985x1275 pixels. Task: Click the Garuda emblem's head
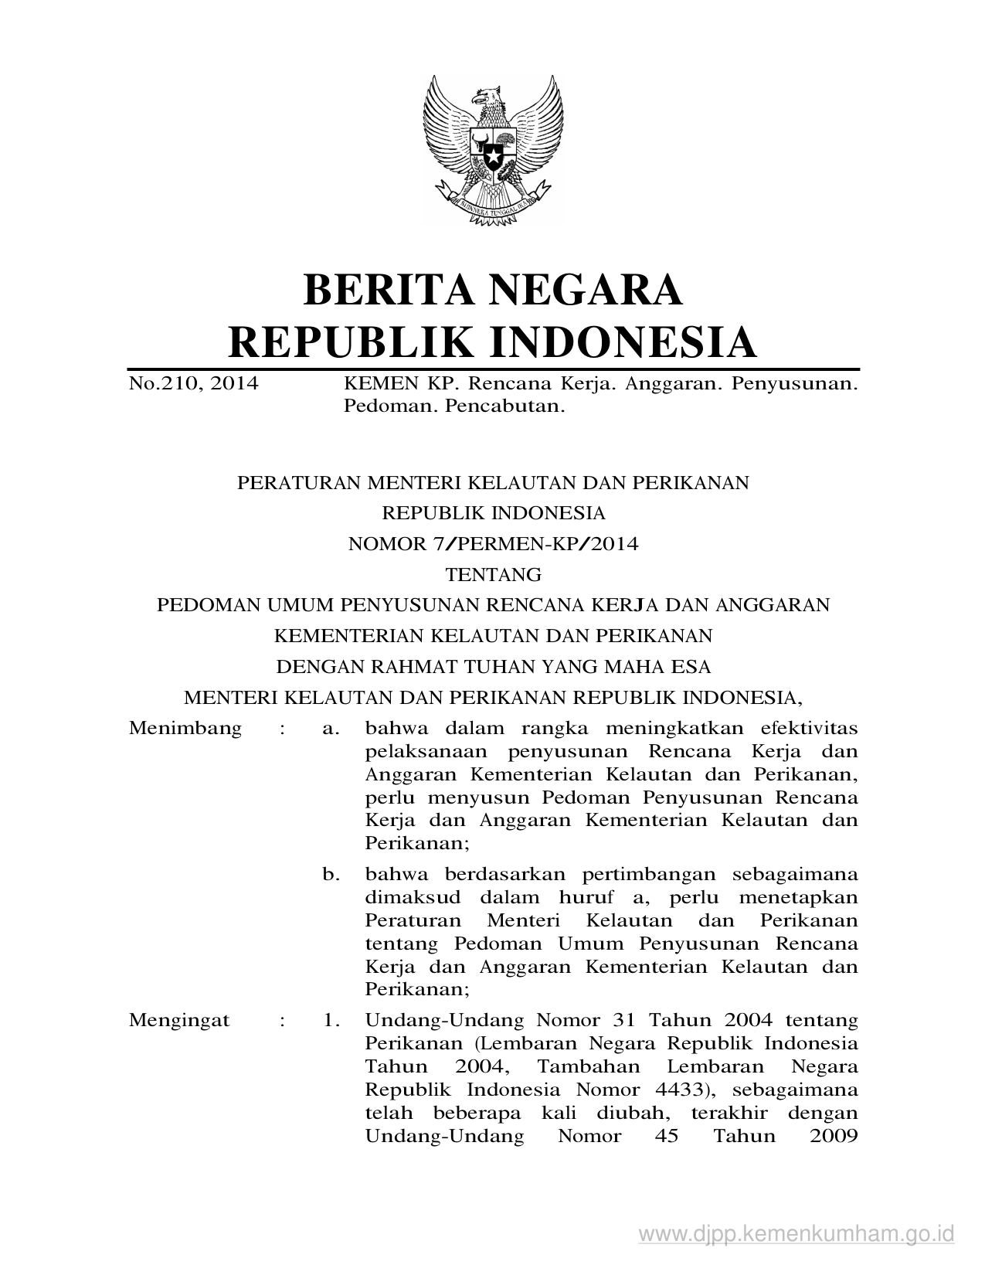(487, 98)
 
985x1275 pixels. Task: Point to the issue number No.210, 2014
(193, 383)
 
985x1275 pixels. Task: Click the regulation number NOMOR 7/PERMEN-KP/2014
(493, 544)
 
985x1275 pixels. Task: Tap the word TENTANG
(493, 575)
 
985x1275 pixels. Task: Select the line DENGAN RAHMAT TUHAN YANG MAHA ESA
(493, 666)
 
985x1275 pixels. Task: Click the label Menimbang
(185, 728)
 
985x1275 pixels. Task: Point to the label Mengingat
(179, 1020)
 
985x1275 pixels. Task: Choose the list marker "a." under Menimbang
(331, 728)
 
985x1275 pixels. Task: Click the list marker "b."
(331, 875)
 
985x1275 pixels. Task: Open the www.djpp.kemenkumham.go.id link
(796, 1232)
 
